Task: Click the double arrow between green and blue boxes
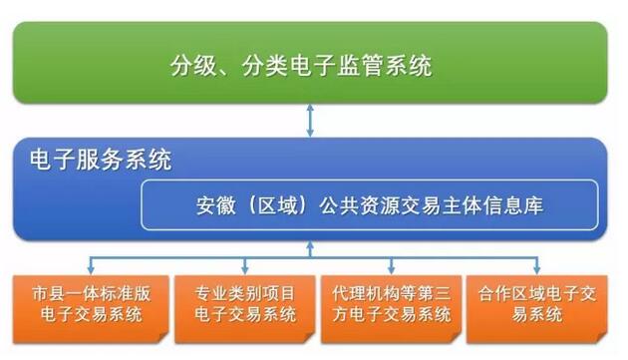coord(312,121)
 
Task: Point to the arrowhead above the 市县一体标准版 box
coord(93,269)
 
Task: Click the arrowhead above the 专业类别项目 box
coord(244,269)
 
